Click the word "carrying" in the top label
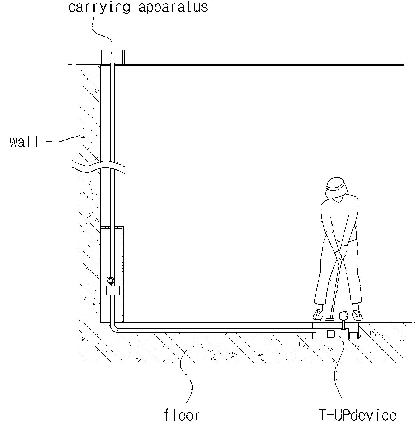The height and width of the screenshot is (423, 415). pos(99,7)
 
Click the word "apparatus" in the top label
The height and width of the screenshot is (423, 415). pos(173,7)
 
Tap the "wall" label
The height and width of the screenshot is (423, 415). pos(24,142)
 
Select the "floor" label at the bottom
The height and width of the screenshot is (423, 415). pos(182,415)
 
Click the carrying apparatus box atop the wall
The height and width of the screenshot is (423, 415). pos(113,57)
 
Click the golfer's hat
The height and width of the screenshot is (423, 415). pos(337,188)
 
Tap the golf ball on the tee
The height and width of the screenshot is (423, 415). pos(343,315)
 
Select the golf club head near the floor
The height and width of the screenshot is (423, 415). pos(330,319)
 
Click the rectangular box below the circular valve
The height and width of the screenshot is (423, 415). pos(112,291)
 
